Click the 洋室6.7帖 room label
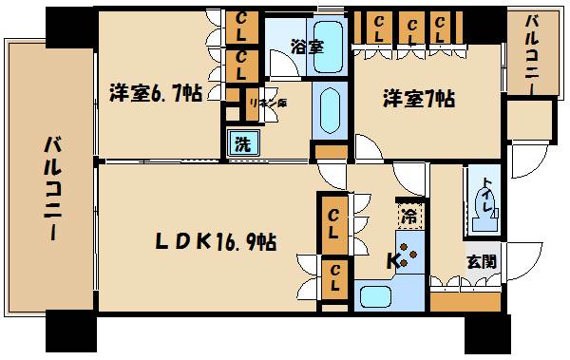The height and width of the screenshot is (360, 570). [155, 95]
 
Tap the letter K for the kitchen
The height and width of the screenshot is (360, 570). [391, 259]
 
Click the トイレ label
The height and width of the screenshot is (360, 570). [485, 189]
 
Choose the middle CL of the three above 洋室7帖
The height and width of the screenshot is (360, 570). [412, 28]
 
